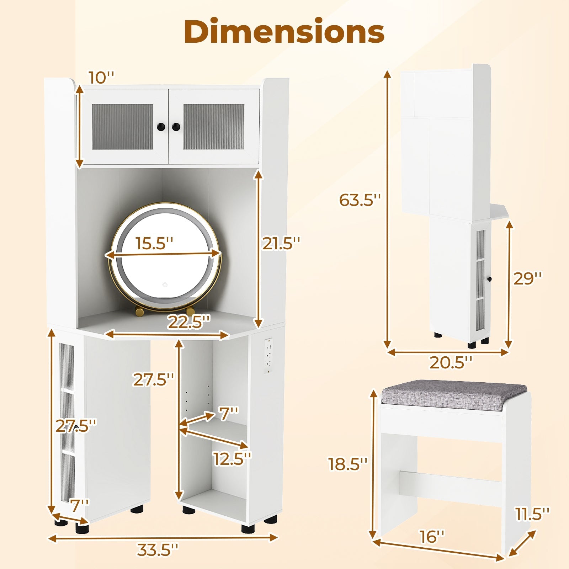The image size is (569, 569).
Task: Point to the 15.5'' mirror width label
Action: point(154,243)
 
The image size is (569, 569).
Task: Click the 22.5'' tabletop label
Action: point(189,322)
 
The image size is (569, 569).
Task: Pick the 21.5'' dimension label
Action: point(281,243)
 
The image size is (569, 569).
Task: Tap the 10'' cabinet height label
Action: point(102,78)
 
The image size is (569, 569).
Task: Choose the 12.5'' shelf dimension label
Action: point(232,458)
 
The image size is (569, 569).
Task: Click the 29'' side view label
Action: point(528,278)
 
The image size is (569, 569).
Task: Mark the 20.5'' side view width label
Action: point(451,363)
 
